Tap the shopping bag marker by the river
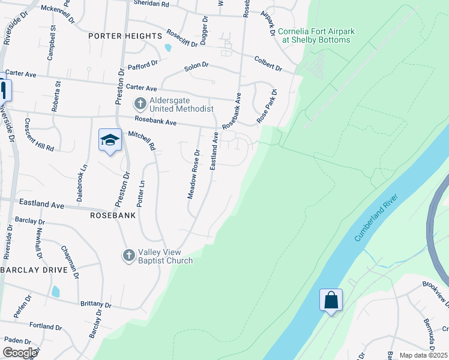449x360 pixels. coord(331,300)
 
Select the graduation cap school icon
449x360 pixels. coord(110,141)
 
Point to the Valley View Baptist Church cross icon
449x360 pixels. coord(128,256)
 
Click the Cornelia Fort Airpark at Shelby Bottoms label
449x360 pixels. coord(314,35)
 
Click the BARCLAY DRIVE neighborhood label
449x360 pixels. coord(34,270)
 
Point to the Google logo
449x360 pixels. coord(20,353)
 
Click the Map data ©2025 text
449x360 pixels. coord(423,355)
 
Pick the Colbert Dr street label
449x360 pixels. coord(268,64)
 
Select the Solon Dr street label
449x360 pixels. coord(196,65)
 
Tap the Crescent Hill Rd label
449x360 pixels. coord(39,134)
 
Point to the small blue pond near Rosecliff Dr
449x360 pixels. coord(168,48)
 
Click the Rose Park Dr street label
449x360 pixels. coord(267,107)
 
